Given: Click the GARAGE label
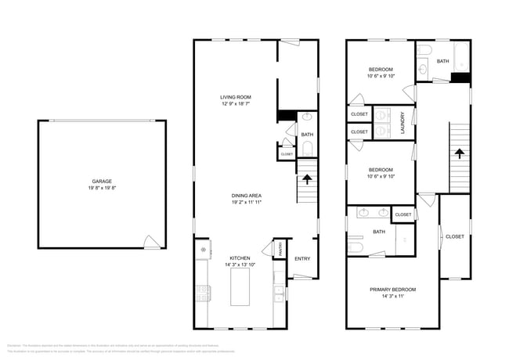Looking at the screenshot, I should click(102, 181).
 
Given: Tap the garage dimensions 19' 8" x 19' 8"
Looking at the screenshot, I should click(102, 188).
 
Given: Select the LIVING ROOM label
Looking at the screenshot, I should click(235, 96).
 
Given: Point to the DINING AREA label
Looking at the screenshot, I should click(246, 195).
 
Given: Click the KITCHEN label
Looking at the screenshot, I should click(239, 258).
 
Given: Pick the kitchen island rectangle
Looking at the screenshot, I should click(241, 289).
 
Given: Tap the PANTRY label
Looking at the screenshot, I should click(279, 249).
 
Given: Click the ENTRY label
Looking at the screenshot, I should click(301, 258).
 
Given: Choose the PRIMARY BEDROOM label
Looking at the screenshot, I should click(392, 290).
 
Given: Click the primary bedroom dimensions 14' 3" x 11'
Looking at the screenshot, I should click(392, 297).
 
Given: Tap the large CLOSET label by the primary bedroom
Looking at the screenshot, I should click(454, 236).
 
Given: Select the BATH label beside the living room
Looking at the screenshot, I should click(307, 135).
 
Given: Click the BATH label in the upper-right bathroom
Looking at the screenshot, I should click(442, 61).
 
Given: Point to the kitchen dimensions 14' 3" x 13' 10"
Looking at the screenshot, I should click(239, 265).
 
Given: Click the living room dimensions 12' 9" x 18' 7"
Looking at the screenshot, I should click(235, 103).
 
